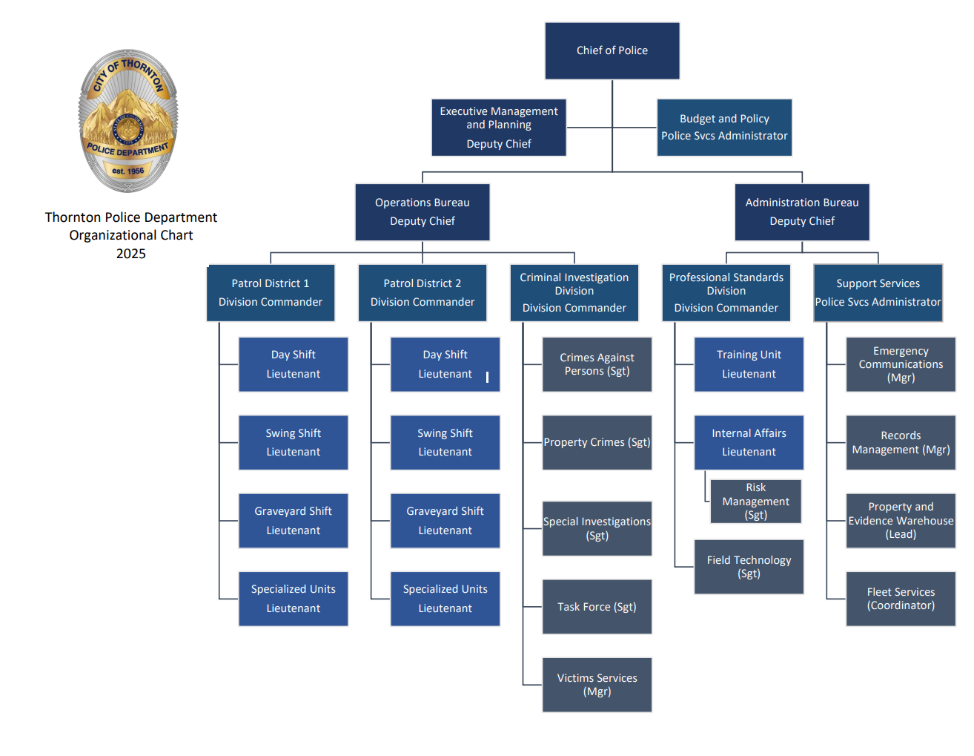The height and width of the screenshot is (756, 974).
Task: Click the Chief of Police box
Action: pyautogui.click(x=612, y=50)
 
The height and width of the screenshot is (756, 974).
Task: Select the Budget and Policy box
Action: pyautogui.click(x=724, y=128)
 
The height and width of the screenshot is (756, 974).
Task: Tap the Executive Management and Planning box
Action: pyautogui.click(x=499, y=128)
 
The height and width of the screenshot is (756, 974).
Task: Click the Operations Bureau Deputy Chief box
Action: pyautogui.click(x=423, y=212)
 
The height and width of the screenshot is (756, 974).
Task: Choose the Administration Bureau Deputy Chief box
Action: pyautogui.click(x=802, y=212)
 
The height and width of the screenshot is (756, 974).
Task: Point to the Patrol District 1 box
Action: pyautogui.click(x=271, y=293)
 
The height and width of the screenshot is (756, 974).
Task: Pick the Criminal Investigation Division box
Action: pyautogui.click(x=574, y=293)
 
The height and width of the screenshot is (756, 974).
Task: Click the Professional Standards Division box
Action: pyautogui.click(x=726, y=293)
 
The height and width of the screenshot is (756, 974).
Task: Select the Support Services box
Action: pyautogui.click(x=878, y=293)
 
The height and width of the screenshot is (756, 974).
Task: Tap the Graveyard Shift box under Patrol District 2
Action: pyautogui.click(x=445, y=521)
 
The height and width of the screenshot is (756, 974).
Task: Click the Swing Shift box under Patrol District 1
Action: pyautogui.click(x=294, y=443)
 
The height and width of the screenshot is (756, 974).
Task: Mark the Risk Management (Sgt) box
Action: pyautogui.click(x=756, y=502)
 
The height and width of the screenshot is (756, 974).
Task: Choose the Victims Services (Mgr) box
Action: pyautogui.click(x=597, y=685)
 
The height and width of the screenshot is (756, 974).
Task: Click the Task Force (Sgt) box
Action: pyautogui.click(x=597, y=607)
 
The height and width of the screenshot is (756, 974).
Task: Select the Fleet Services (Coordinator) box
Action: pyautogui.click(x=901, y=599)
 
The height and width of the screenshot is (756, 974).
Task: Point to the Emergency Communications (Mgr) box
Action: pyautogui.click(x=901, y=364)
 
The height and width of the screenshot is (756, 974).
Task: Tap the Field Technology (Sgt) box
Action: pyautogui.click(x=749, y=567)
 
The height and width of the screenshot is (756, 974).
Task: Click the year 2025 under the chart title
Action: pyautogui.click(x=131, y=254)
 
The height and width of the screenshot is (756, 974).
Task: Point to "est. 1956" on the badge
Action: pyautogui.click(x=128, y=171)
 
